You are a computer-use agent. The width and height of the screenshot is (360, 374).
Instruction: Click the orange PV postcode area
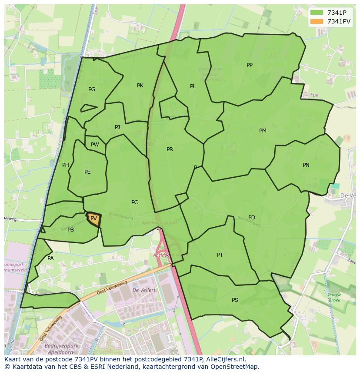[94, 219]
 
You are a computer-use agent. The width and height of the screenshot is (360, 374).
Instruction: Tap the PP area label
[250, 65]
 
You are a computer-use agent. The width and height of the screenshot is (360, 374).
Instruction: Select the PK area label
[140, 86]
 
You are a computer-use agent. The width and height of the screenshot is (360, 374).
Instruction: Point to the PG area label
[92, 89]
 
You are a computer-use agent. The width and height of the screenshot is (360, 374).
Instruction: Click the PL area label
[193, 86]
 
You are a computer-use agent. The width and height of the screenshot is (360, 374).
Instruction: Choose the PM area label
[263, 131]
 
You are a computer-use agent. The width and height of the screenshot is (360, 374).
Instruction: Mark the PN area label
[306, 165]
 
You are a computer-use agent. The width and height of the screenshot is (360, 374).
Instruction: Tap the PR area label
[170, 149]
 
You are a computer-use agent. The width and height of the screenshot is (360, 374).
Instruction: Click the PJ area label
[117, 127]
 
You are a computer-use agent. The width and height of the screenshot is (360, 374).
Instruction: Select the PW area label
[95, 145]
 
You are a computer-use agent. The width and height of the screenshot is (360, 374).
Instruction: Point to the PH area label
[66, 165]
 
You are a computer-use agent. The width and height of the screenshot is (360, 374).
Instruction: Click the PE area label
[87, 172]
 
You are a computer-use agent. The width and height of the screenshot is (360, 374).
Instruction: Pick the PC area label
[134, 202]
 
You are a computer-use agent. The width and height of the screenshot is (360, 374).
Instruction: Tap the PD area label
[252, 218]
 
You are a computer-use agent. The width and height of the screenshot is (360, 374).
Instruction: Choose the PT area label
[220, 255]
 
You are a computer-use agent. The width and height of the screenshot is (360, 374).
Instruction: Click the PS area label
[235, 300]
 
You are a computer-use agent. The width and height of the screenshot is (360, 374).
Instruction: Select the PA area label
[50, 258]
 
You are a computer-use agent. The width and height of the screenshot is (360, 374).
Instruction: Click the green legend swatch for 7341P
[317, 13]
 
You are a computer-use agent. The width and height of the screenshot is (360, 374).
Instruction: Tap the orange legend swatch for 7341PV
[317, 21]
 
